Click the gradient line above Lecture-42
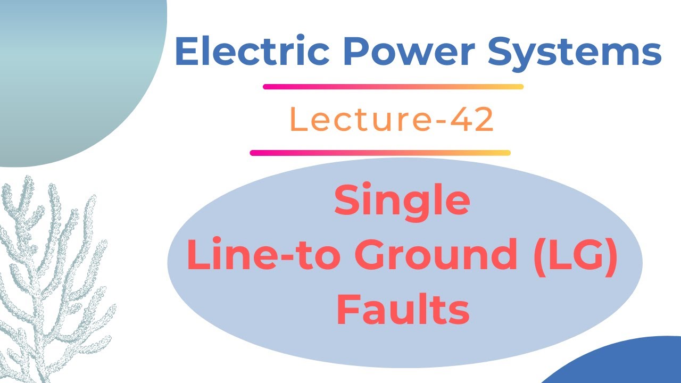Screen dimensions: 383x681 (x=393, y=87)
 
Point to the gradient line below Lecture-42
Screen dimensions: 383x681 (x=380, y=153)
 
